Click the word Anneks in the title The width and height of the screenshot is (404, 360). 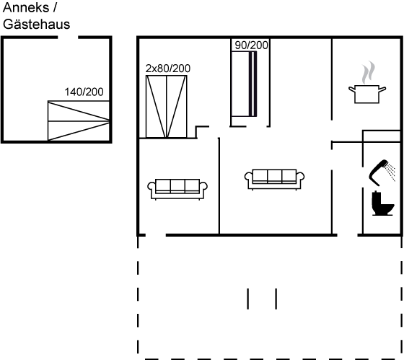pos(26,7)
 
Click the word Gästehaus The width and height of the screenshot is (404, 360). pos(36,25)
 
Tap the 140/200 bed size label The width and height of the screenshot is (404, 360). pos(84,92)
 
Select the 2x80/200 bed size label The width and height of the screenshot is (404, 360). pos(168,69)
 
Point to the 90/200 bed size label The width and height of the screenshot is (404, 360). pos(251,45)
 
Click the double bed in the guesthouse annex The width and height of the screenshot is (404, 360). pos(79,120)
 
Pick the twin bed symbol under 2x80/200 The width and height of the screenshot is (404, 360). pos(167,107)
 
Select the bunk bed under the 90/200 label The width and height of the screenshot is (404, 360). pos(244,84)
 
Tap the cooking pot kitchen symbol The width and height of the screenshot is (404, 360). pos(367,94)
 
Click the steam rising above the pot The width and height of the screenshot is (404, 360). pos(368,72)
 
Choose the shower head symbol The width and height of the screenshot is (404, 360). pos(378,172)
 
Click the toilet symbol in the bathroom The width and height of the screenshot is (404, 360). pos(382,203)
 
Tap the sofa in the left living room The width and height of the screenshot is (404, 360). pos(177,189)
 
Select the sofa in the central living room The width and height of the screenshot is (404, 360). pos(274,180)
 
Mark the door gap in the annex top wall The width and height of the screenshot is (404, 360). pos(68,38)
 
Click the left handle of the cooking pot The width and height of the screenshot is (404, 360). pos(352,89)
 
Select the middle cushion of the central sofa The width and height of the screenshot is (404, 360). pos(274,176)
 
